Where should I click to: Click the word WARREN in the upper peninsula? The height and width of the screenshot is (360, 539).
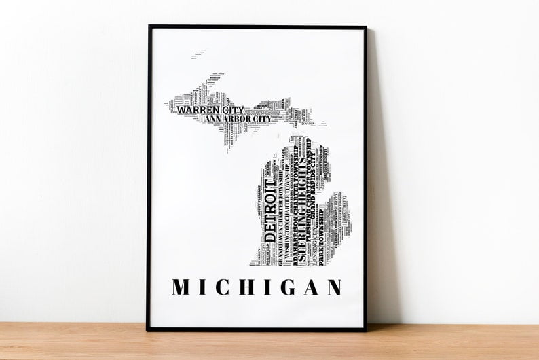198,109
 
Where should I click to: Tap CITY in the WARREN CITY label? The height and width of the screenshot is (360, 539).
231,109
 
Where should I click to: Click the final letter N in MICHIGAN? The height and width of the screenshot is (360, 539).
333,287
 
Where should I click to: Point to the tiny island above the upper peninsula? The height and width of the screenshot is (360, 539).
200,52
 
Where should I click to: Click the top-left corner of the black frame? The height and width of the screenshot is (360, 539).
149,27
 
